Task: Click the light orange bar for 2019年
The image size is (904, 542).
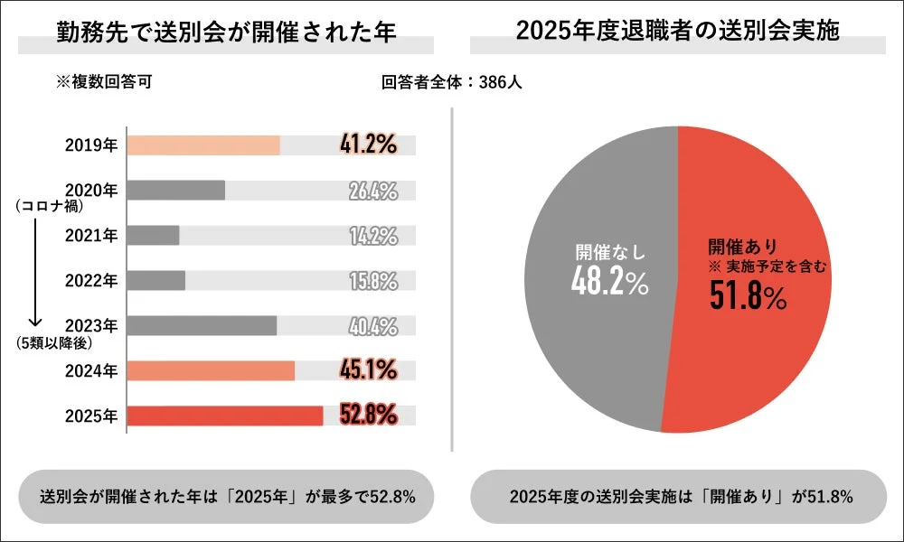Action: click(203, 145)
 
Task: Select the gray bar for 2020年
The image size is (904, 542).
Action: click(176, 191)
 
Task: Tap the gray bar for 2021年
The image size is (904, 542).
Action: click(154, 236)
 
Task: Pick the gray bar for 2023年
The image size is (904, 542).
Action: click(202, 325)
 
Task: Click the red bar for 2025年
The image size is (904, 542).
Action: click(225, 416)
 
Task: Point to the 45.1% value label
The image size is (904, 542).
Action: click(368, 369)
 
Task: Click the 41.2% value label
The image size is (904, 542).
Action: click(368, 145)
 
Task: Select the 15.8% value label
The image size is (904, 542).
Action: click(373, 281)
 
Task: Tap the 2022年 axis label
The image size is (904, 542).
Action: click(91, 281)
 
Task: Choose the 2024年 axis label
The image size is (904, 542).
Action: click(91, 370)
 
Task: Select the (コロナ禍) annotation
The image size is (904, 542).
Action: click(50, 207)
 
